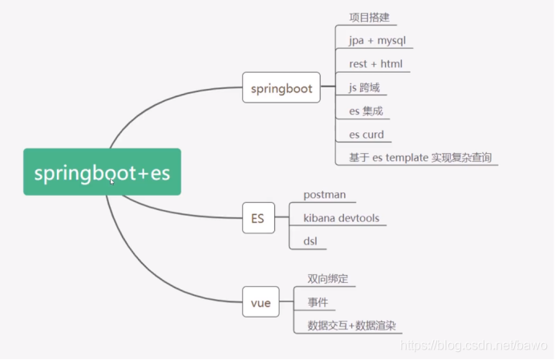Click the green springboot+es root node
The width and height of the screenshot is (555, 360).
102,172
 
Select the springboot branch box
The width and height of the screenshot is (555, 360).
281,88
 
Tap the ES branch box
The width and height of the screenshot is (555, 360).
258,216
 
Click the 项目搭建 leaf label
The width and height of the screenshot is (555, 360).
369,17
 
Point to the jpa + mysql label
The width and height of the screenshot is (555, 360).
381,40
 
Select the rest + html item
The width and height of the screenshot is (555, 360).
375,64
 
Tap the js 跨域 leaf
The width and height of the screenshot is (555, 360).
364,87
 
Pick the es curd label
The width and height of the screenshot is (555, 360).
367,135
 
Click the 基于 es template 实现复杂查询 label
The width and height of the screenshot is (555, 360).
419,157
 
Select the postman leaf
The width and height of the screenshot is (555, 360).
324,195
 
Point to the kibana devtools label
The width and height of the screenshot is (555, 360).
341,218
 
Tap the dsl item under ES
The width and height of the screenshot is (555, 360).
311,241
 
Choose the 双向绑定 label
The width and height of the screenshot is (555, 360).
327,279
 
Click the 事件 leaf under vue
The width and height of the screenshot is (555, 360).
317,302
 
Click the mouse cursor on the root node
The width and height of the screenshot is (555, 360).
112,182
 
